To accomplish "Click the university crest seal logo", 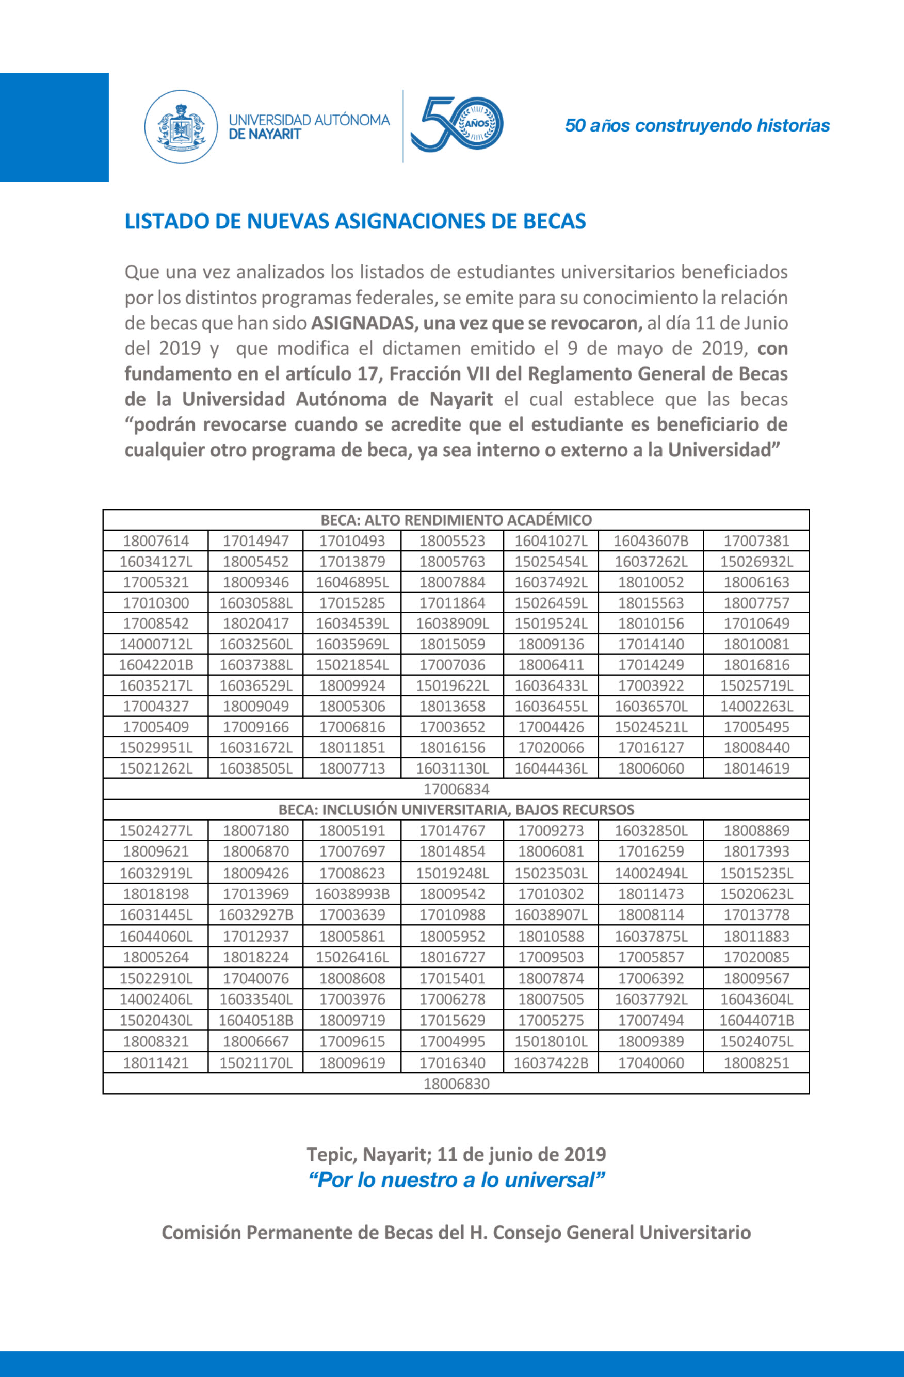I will coord(181,126).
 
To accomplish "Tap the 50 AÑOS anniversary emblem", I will coord(457,124).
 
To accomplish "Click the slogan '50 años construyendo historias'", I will coord(697,125).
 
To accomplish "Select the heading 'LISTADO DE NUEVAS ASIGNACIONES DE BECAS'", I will coord(356,221).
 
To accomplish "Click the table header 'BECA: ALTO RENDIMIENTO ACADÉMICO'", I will coord(456,519).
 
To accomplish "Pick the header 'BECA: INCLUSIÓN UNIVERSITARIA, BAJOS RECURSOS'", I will coord(456,809).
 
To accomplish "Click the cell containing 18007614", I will coord(156,541).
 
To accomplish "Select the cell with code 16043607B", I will coord(651,541).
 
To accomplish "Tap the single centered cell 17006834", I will coord(456,789).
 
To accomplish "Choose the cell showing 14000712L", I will coord(156,644).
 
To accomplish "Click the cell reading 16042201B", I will coord(156,665).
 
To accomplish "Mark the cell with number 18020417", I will coord(256,624).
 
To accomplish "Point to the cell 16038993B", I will coord(352,894).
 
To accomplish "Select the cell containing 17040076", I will coord(256,978).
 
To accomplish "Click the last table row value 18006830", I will coord(456,1084).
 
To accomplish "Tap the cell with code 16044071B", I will coord(756,1021).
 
